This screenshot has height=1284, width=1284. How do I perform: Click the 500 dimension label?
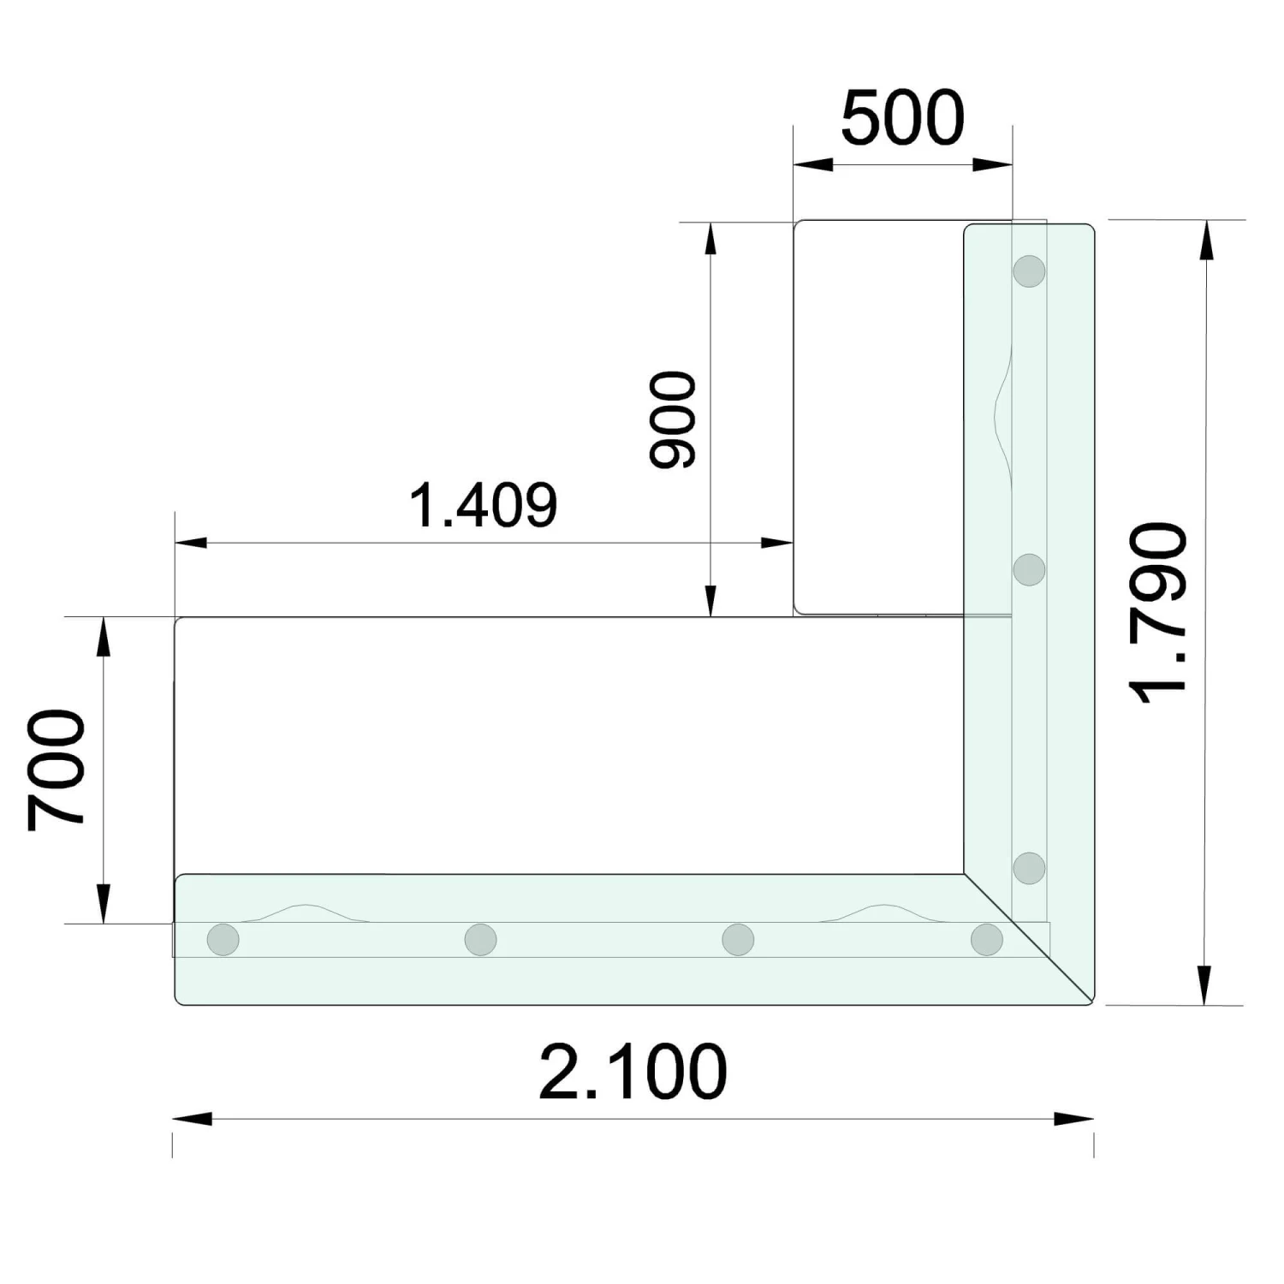[902, 117]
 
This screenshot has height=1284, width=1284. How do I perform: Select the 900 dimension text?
[674, 419]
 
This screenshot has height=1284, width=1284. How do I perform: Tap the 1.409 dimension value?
[484, 504]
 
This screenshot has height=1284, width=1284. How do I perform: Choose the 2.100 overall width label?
[633, 1071]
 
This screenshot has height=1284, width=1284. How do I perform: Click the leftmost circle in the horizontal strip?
[223, 939]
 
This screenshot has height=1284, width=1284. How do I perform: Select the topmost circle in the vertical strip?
[1029, 270]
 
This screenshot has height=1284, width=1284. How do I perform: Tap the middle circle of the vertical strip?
[1029, 569]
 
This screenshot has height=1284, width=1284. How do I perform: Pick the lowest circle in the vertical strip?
[1029, 868]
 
